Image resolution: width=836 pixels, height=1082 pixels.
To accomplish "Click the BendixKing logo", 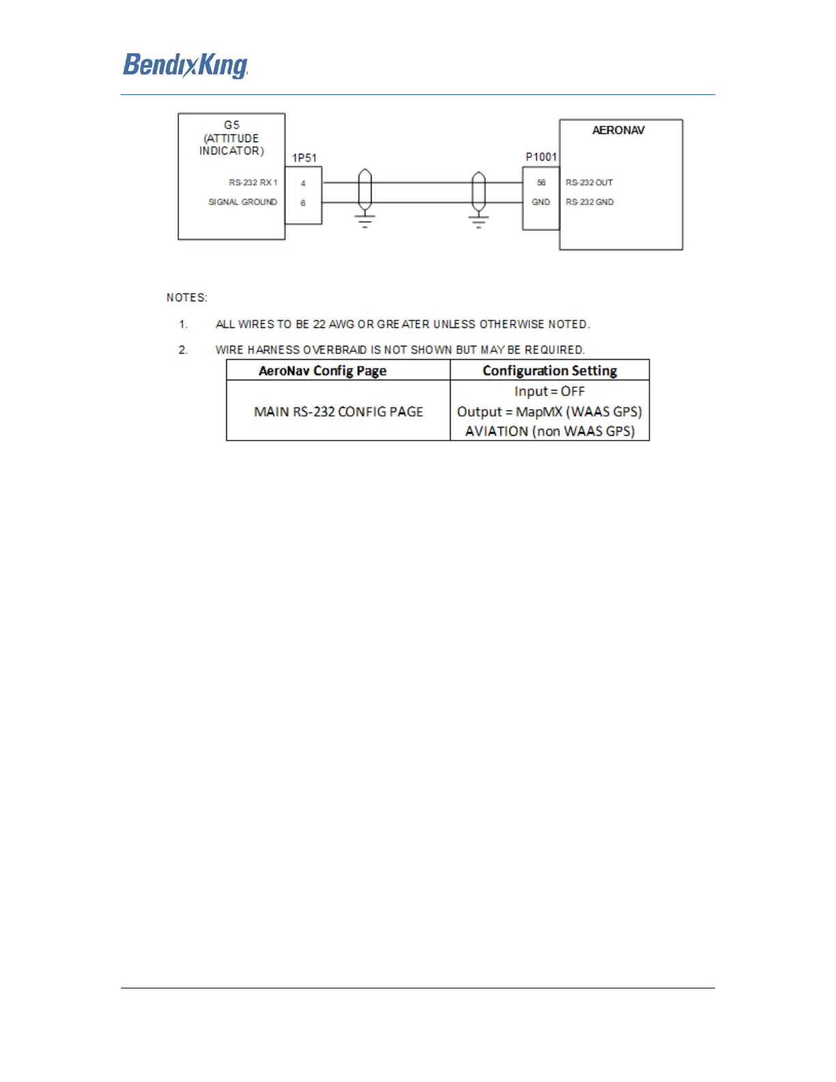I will pyautogui.click(x=185, y=66).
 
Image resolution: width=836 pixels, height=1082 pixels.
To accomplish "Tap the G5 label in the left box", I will pyautogui.click(x=232, y=125).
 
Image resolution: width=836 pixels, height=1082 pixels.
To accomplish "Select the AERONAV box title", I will pyautogui.click(x=618, y=130).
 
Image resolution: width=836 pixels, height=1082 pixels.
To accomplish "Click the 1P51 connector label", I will pyautogui.click(x=305, y=158).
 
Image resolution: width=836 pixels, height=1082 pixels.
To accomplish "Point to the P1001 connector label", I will pyautogui.click(x=541, y=157).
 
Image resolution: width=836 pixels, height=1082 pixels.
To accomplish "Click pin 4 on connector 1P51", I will pyautogui.click(x=303, y=183).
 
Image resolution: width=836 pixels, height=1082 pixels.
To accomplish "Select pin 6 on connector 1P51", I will pyautogui.click(x=303, y=203).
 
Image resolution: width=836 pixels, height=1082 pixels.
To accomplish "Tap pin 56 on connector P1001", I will pyautogui.click(x=541, y=182).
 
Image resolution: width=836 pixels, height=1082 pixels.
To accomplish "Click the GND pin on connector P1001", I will pyautogui.click(x=541, y=202).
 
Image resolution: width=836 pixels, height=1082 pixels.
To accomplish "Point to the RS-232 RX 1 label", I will pyautogui.click(x=253, y=182).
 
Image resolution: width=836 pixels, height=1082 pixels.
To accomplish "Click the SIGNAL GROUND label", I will pyautogui.click(x=242, y=202).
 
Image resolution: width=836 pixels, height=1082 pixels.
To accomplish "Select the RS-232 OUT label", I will pyautogui.click(x=589, y=182).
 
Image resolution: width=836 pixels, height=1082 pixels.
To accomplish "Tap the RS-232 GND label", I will pyautogui.click(x=589, y=202).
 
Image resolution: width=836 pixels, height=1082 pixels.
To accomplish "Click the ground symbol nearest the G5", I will pyautogui.click(x=365, y=221).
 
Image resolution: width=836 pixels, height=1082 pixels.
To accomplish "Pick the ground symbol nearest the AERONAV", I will pyautogui.click(x=479, y=221).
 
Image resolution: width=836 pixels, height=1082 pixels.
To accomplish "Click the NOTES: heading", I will pyautogui.click(x=186, y=298).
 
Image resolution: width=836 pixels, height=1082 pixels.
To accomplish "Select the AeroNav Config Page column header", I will pyautogui.click(x=322, y=371).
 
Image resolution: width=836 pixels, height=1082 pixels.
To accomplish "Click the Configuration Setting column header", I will pyautogui.click(x=550, y=371).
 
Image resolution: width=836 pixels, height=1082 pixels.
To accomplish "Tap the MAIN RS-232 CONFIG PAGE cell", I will pyautogui.click(x=339, y=412).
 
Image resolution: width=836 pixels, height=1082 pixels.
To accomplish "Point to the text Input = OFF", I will pyautogui.click(x=550, y=391).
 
